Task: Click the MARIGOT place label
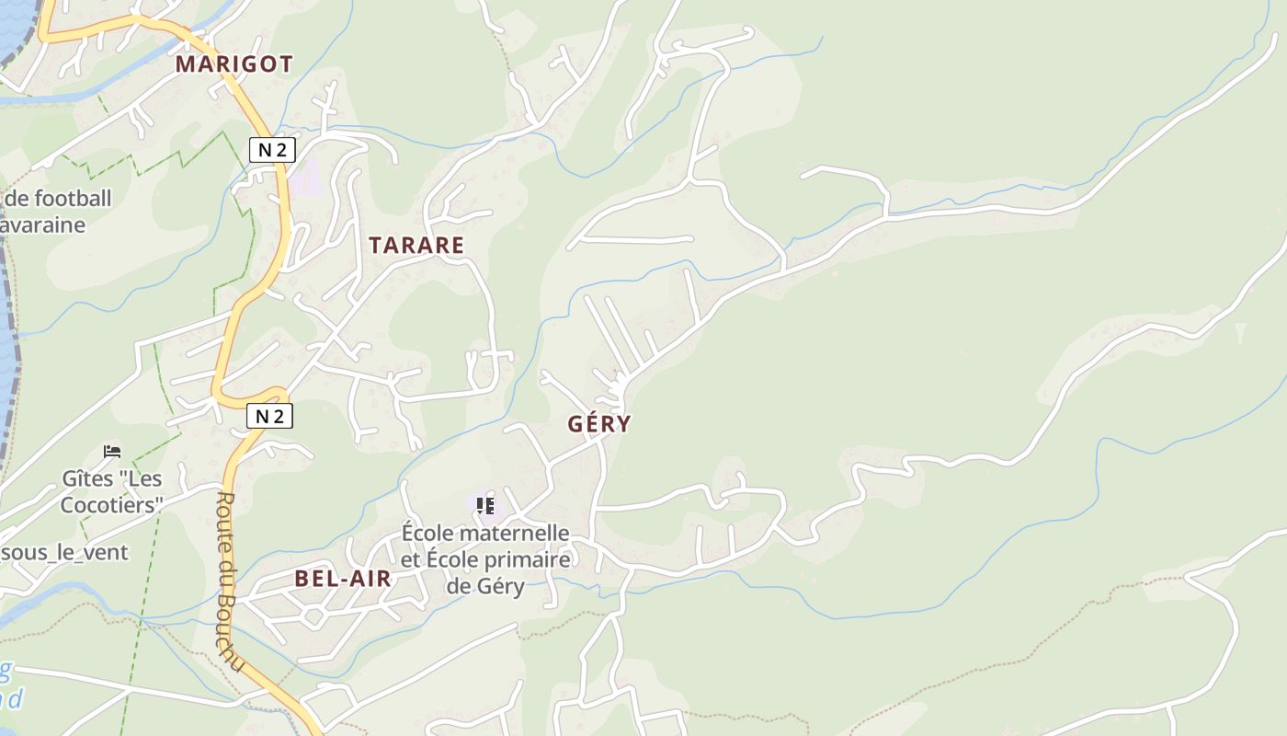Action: tap(233, 63)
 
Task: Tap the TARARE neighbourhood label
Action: tap(416, 245)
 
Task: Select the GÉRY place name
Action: tap(599, 423)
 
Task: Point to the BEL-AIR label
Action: tap(343, 578)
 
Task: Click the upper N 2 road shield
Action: tap(271, 150)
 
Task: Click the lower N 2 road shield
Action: tap(269, 416)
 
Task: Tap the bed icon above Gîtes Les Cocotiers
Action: tap(112, 452)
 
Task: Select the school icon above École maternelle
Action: tap(484, 505)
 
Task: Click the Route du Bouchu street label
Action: tap(230, 580)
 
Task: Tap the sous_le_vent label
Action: tap(64, 553)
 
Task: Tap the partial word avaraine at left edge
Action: tap(43, 224)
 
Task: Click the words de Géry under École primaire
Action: tap(485, 586)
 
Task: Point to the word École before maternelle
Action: tap(427, 533)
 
